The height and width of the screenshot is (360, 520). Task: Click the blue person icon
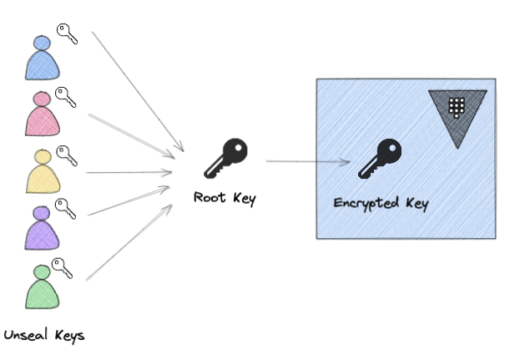click(x=42, y=58)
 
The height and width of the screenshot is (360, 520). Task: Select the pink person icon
click(x=41, y=114)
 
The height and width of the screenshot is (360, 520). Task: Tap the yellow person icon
click(x=42, y=171)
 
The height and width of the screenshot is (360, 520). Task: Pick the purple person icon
click(x=41, y=227)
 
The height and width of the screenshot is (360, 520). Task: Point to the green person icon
click(x=41, y=286)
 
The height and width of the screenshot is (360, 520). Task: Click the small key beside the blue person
click(x=67, y=34)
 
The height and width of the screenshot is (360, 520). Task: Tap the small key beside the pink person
click(x=66, y=97)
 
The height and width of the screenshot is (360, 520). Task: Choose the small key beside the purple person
click(x=66, y=208)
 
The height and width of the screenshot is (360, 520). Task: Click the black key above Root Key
click(x=226, y=160)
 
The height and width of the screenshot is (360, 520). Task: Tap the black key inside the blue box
click(x=380, y=160)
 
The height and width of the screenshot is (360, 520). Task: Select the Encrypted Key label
click(x=381, y=203)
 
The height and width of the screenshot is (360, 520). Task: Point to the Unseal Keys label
click(x=44, y=337)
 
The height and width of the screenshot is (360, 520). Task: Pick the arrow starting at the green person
click(x=130, y=238)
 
